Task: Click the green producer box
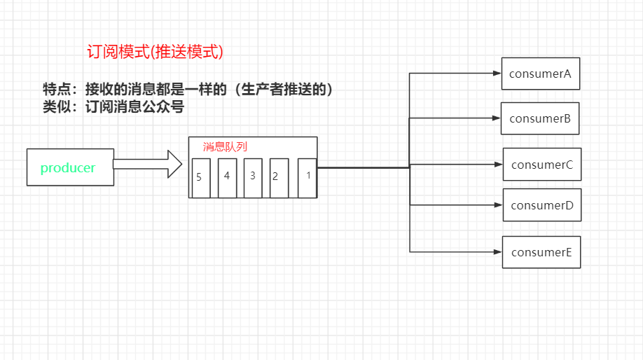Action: point(70,167)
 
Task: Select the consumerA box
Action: point(541,74)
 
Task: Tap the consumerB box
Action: point(540,118)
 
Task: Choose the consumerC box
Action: point(542,165)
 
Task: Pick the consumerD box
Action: point(542,205)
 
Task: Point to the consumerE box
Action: point(541,252)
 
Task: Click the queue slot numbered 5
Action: point(200,178)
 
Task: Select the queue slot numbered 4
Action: point(227,178)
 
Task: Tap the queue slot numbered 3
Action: point(253,178)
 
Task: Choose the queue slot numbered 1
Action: point(307,178)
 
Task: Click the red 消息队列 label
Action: point(225,147)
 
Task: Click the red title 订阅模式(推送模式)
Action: point(154,52)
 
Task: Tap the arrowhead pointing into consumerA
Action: point(497,72)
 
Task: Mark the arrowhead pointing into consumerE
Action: point(497,251)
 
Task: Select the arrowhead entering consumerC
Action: point(498,165)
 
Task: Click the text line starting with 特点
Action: point(188,90)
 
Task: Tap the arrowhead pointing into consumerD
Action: point(498,205)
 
